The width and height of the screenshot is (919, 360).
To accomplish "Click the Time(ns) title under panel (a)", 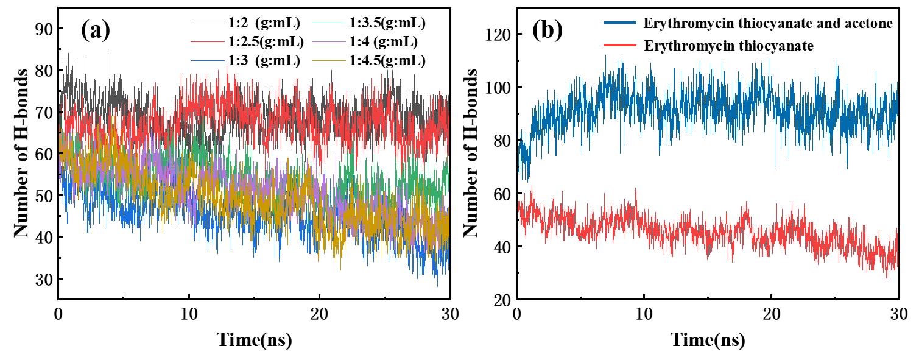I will click(254, 340).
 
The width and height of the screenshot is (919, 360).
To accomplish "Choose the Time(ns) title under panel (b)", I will click(708, 340).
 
